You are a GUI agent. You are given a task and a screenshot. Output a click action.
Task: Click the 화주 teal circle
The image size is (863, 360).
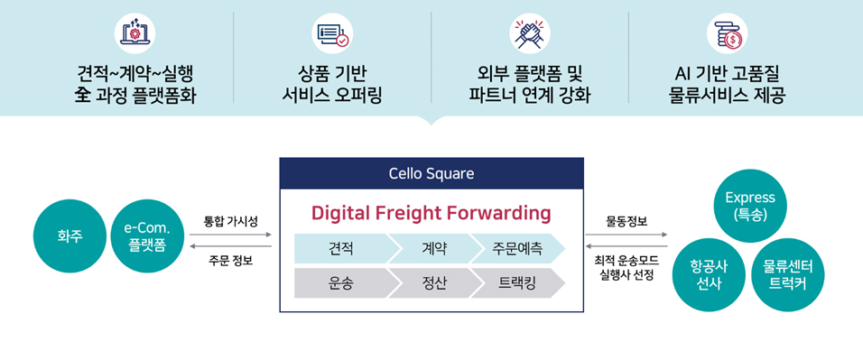pyautogui.click(x=70, y=236)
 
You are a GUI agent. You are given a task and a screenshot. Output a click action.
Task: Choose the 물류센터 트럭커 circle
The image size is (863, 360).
pyautogui.click(x=787, y=274)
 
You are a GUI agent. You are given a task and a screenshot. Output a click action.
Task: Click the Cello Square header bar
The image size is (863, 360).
pyautogui.click(x=431, y=172)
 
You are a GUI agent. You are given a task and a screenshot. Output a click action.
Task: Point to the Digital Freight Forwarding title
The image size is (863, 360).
pyautogui.click(x=431, y=213)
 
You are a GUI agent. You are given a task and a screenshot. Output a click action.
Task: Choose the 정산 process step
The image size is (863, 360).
pyautogui.click(x=431, y=282)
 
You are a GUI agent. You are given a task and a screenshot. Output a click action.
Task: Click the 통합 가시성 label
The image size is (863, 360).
pyautogui.click(x=230, y=221)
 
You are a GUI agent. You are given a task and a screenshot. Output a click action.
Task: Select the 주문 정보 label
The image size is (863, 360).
pyautogui.click(x=230, y=261)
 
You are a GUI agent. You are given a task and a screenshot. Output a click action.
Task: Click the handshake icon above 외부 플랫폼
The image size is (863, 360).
pyautogui.click(x=529, y=33)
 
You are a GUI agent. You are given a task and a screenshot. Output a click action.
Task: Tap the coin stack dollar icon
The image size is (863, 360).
pyautogui.click(x=727, y=33)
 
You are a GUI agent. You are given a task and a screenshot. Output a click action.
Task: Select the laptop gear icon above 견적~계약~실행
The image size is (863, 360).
pyautogui.click(x=135, y=33)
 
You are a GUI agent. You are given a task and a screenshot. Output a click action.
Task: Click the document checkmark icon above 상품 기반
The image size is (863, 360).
pyautogui.click(x=331, y=33)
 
